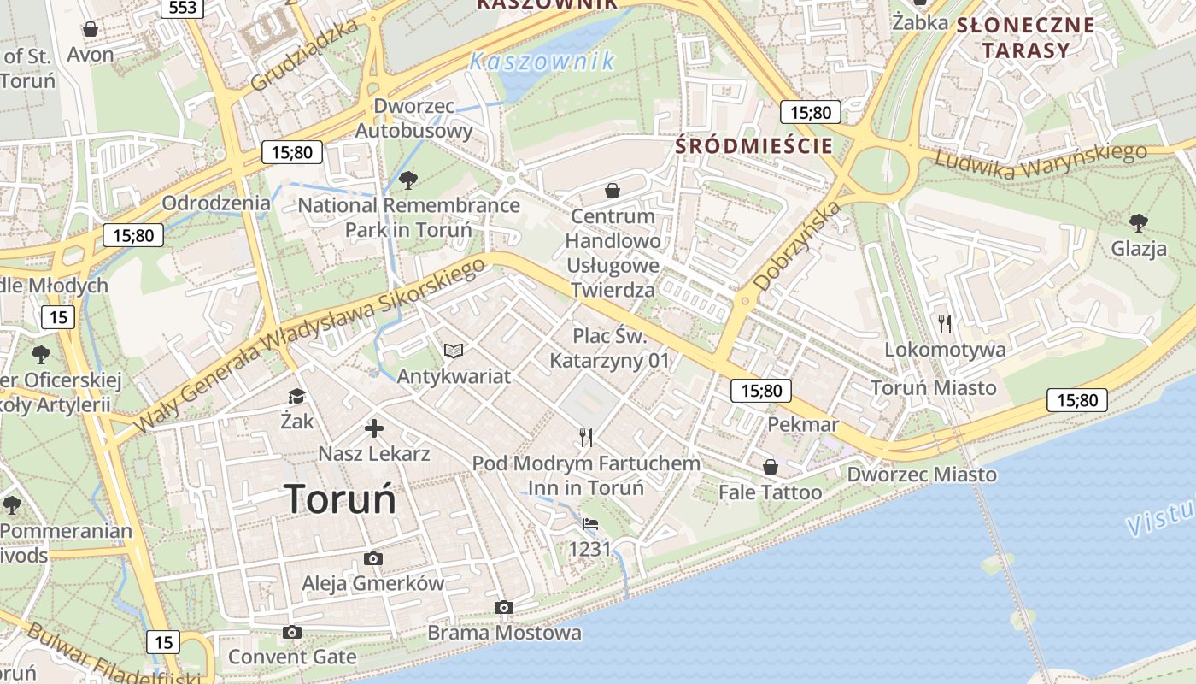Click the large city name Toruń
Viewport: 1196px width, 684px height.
click(340, 499)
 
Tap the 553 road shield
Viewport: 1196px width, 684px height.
click(182, 8)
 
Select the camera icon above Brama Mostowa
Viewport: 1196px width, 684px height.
click(504, 608)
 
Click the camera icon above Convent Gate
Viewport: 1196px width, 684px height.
click(292, 632)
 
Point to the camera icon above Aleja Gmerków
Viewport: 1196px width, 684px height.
click(373, 559)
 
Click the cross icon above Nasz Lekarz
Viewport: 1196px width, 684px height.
click(374, 428)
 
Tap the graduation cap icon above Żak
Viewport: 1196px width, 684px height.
click(296, 396)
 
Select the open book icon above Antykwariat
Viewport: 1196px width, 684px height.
click(454, 351)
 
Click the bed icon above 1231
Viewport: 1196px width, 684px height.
click(589, 524)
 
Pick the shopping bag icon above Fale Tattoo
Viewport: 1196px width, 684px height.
click(771, 467)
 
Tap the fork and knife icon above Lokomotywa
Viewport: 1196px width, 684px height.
click(945, 324)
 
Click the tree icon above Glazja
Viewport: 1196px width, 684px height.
click(1138, 224)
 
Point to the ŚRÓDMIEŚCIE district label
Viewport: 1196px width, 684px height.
click(753, 145)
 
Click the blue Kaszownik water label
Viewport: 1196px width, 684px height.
click(542, 62)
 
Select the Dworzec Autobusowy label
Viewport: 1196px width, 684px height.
click(413, 119)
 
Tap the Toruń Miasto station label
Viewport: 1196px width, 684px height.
click(933, 388)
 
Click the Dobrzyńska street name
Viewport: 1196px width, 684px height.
click(798, 245)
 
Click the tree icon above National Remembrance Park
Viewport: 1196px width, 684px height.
click(408, 180)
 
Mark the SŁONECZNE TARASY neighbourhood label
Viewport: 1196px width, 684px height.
click(1025, 37)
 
